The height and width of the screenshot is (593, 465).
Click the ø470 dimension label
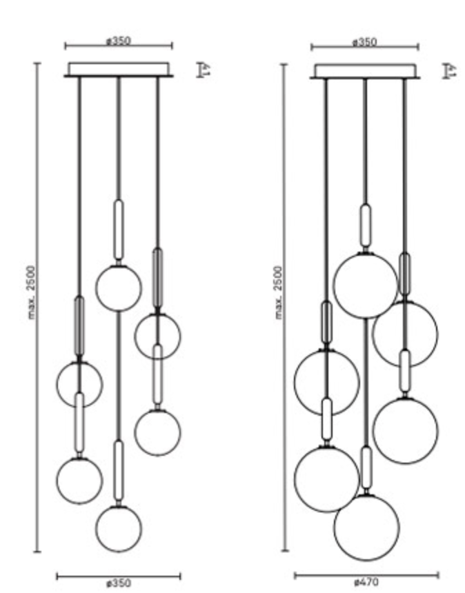(366, 583)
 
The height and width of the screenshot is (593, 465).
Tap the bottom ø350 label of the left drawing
(119, 583)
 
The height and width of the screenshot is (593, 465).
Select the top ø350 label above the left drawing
(119, 41)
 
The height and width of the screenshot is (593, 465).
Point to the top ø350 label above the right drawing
(364, 42)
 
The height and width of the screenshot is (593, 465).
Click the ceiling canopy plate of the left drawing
(119, 70)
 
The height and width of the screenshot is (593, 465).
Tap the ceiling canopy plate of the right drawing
(365, 71)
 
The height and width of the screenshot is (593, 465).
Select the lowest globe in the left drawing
(119, 528)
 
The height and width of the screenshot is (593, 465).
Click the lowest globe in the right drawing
(366, 527)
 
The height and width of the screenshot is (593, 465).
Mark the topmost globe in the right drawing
(366, 285)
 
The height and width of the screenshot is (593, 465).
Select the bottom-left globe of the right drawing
(326, 479)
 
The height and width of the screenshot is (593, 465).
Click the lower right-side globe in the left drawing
(157, 432)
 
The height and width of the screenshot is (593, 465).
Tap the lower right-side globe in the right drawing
(405, 430)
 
